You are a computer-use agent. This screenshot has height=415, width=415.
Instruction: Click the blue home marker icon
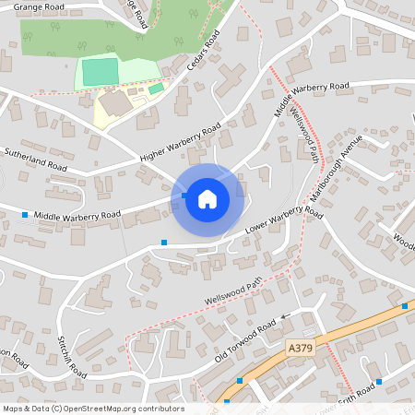pyautogui.click(x=207, y=198)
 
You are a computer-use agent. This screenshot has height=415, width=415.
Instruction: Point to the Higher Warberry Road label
pyautogui.click(x=180, y=145)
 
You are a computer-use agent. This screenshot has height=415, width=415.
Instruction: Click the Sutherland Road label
pyautogui.click(x=36, y=160)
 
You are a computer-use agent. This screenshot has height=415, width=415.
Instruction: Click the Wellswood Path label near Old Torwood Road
pyautogui.click(x=234, y=290)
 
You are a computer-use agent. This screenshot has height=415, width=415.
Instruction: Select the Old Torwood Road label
pyautogui.click(x=246, y=343)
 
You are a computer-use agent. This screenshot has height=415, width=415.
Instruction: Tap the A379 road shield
pyautogui.click(x=301, y=348)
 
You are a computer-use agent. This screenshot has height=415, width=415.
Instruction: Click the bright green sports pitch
pyautogui.click(x=101, y=72)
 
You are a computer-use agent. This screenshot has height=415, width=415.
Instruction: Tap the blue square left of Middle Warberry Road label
pyautogui.click(x=25, y=215)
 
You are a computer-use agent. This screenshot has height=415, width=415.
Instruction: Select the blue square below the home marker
pyautogui.click(x=164, y=242)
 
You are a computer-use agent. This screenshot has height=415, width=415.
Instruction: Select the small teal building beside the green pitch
pyautogui.click(x=156, y=89)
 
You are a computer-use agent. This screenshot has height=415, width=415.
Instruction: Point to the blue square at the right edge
pyautogui.click(x=405, y=305)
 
